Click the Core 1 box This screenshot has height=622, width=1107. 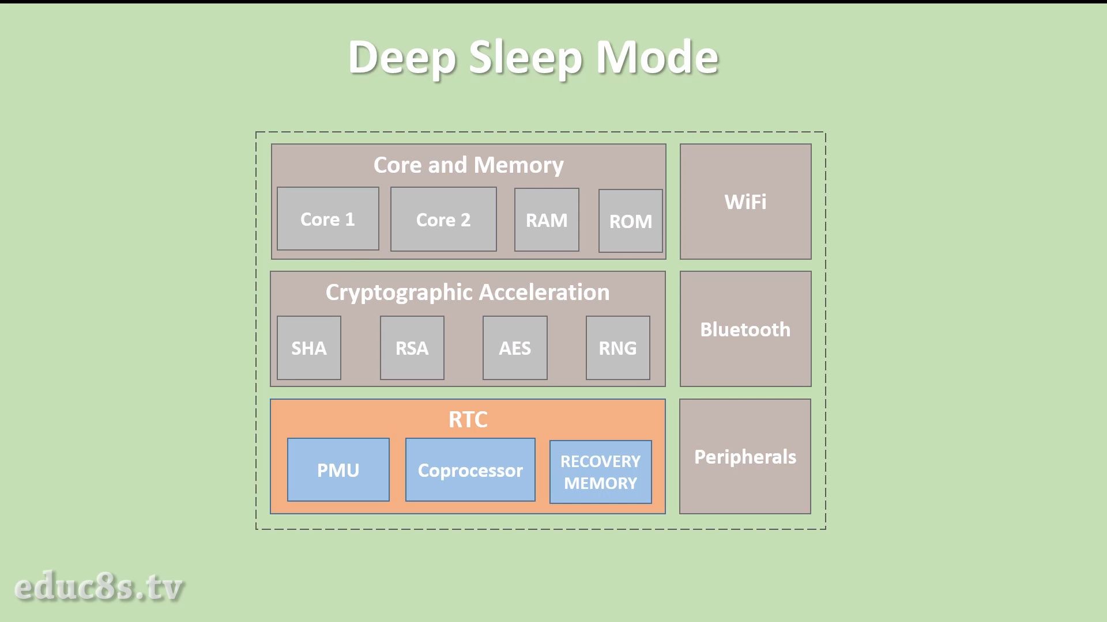pos(328,219)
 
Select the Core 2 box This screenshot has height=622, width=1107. pos(443,219)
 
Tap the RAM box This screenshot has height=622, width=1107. pos(547,220)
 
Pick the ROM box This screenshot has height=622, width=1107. pos(631,221)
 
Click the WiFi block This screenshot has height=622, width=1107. pos(745,202)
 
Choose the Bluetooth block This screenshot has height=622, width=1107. pos(745,329)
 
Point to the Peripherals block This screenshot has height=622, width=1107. pos(745,456)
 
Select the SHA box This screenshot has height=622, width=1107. pos(309,348)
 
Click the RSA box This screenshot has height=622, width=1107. pos(412,348)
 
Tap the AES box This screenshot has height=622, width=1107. pos(515,348)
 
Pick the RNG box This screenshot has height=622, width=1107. pos(618,348)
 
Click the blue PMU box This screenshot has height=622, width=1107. pos(338,470)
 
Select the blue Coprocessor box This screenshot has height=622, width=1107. pos(470,470)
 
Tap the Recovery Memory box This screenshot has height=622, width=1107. pos(601,472)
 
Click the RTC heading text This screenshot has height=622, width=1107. pos(468,419)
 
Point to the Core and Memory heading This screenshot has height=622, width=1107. pos(468,165)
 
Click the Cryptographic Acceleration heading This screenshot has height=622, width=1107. pos(468,293)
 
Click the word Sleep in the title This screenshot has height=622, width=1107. pos(525,58)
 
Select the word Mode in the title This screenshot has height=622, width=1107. pos(657,57)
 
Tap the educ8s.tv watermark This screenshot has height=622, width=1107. pos(99,587)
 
